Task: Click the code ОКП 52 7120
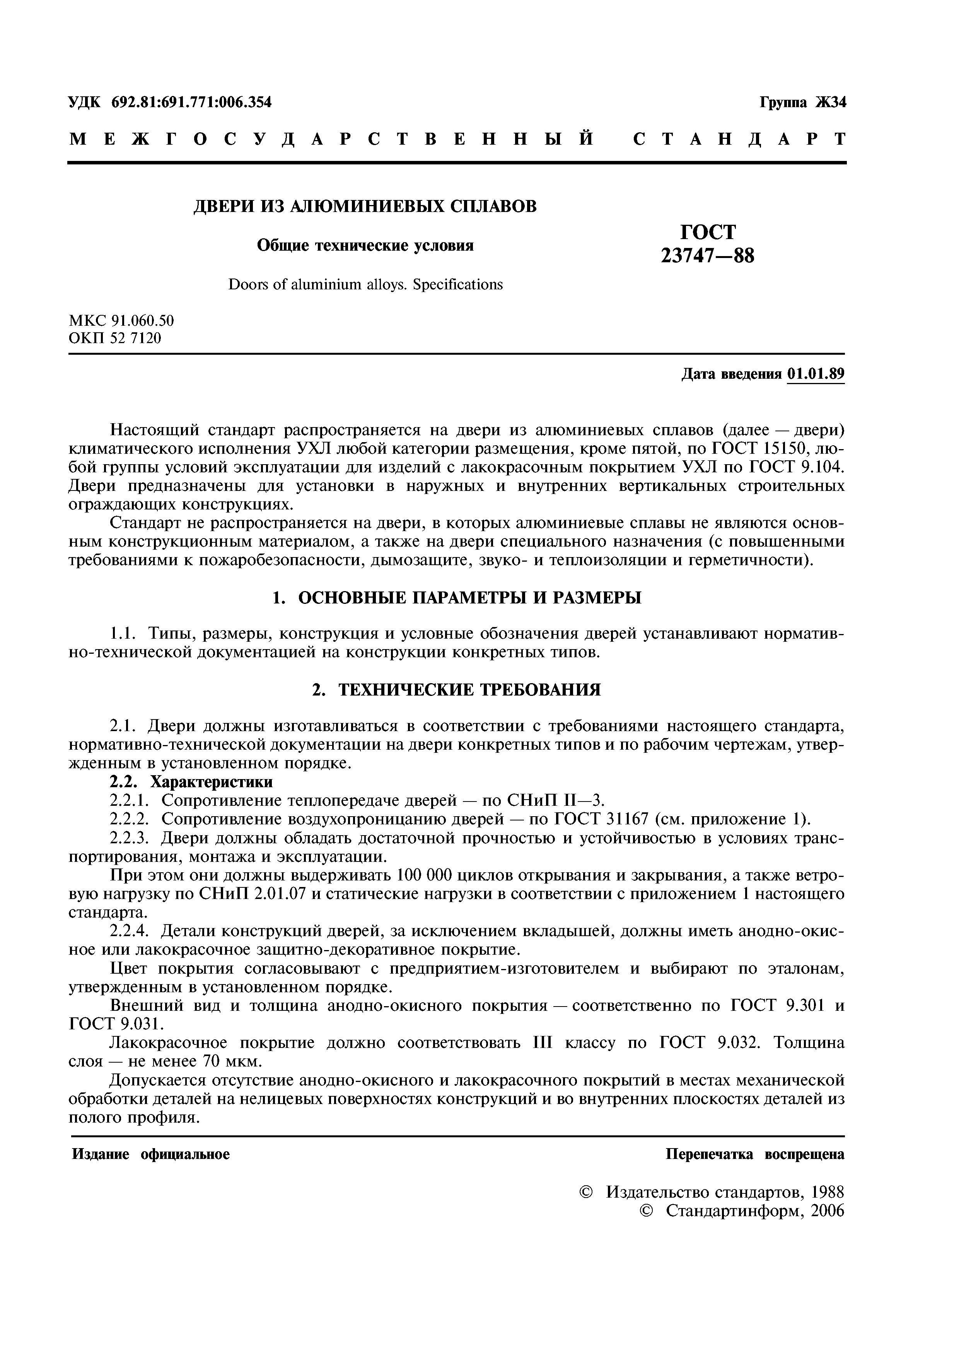point(115,338)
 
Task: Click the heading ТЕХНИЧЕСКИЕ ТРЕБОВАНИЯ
point(470,690)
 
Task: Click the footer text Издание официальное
point(151,1154)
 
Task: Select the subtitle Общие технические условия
point(365,245)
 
